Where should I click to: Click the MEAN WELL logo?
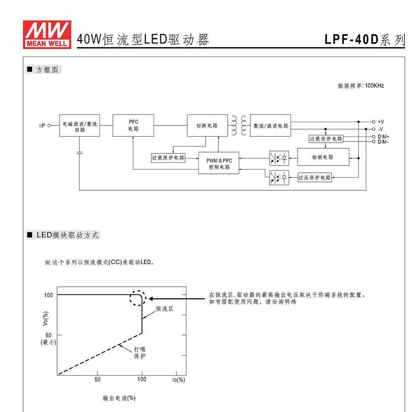(47, 34)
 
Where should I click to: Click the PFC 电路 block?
(134, 126)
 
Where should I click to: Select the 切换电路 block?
(207, 126)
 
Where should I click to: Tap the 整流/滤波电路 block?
(270, 126)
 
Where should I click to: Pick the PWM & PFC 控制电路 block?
(218, 163)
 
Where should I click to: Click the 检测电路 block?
(323, 157)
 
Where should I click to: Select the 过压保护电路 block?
(315, 177)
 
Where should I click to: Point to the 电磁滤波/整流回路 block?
(79, 126)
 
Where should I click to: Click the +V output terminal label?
(381, 122)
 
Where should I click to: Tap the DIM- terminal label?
(383, 142)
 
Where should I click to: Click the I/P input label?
(42, 126)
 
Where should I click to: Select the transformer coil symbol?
(239, 126)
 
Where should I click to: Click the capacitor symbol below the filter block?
(79, 153)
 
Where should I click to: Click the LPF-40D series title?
(365, 39)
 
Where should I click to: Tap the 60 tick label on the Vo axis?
(48, 335)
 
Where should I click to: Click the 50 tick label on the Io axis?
(97, 379)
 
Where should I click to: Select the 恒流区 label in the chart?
(165, 309)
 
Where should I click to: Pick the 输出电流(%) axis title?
(119, 398)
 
